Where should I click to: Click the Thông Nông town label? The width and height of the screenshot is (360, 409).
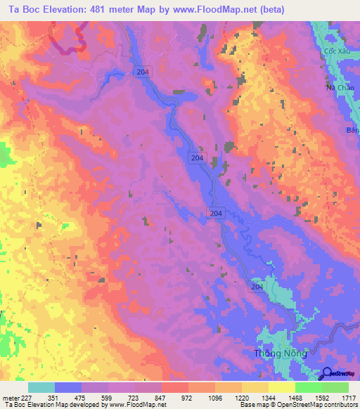(280, 353)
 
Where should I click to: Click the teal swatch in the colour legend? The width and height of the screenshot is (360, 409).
(41, 387)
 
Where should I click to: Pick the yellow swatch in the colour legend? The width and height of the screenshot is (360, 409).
(282, 387)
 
